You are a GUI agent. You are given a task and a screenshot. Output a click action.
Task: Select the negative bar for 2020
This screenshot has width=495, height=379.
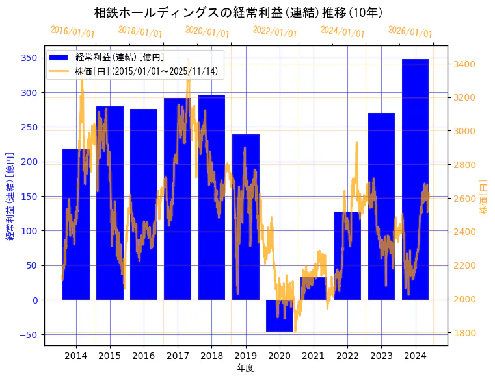click(x=279, y=315)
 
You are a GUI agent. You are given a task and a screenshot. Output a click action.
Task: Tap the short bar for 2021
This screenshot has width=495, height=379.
click(x=313, y=288)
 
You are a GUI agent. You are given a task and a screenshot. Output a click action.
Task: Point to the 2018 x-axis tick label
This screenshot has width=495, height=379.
click(x=211, y=356)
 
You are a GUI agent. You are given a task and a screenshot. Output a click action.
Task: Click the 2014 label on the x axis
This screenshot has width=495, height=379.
click(x=75, y=356)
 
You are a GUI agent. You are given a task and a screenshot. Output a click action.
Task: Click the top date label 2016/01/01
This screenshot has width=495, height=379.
click(x=72, y=32)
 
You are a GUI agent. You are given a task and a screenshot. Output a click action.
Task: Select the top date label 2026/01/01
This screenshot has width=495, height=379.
click(x=410, y=32)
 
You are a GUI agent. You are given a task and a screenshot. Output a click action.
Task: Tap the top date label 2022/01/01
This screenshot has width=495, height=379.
click(x=274, y=32)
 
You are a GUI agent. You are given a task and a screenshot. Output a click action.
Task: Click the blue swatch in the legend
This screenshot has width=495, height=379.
click(x=61, y=58)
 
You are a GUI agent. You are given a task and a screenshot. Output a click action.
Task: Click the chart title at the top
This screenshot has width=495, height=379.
click(x=238, y=13)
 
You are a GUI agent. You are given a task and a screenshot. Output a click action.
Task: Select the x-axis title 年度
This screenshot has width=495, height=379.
click(x=245, y=368)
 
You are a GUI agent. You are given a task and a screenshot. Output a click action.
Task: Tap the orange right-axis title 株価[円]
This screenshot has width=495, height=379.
click(x=483, y=197)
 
